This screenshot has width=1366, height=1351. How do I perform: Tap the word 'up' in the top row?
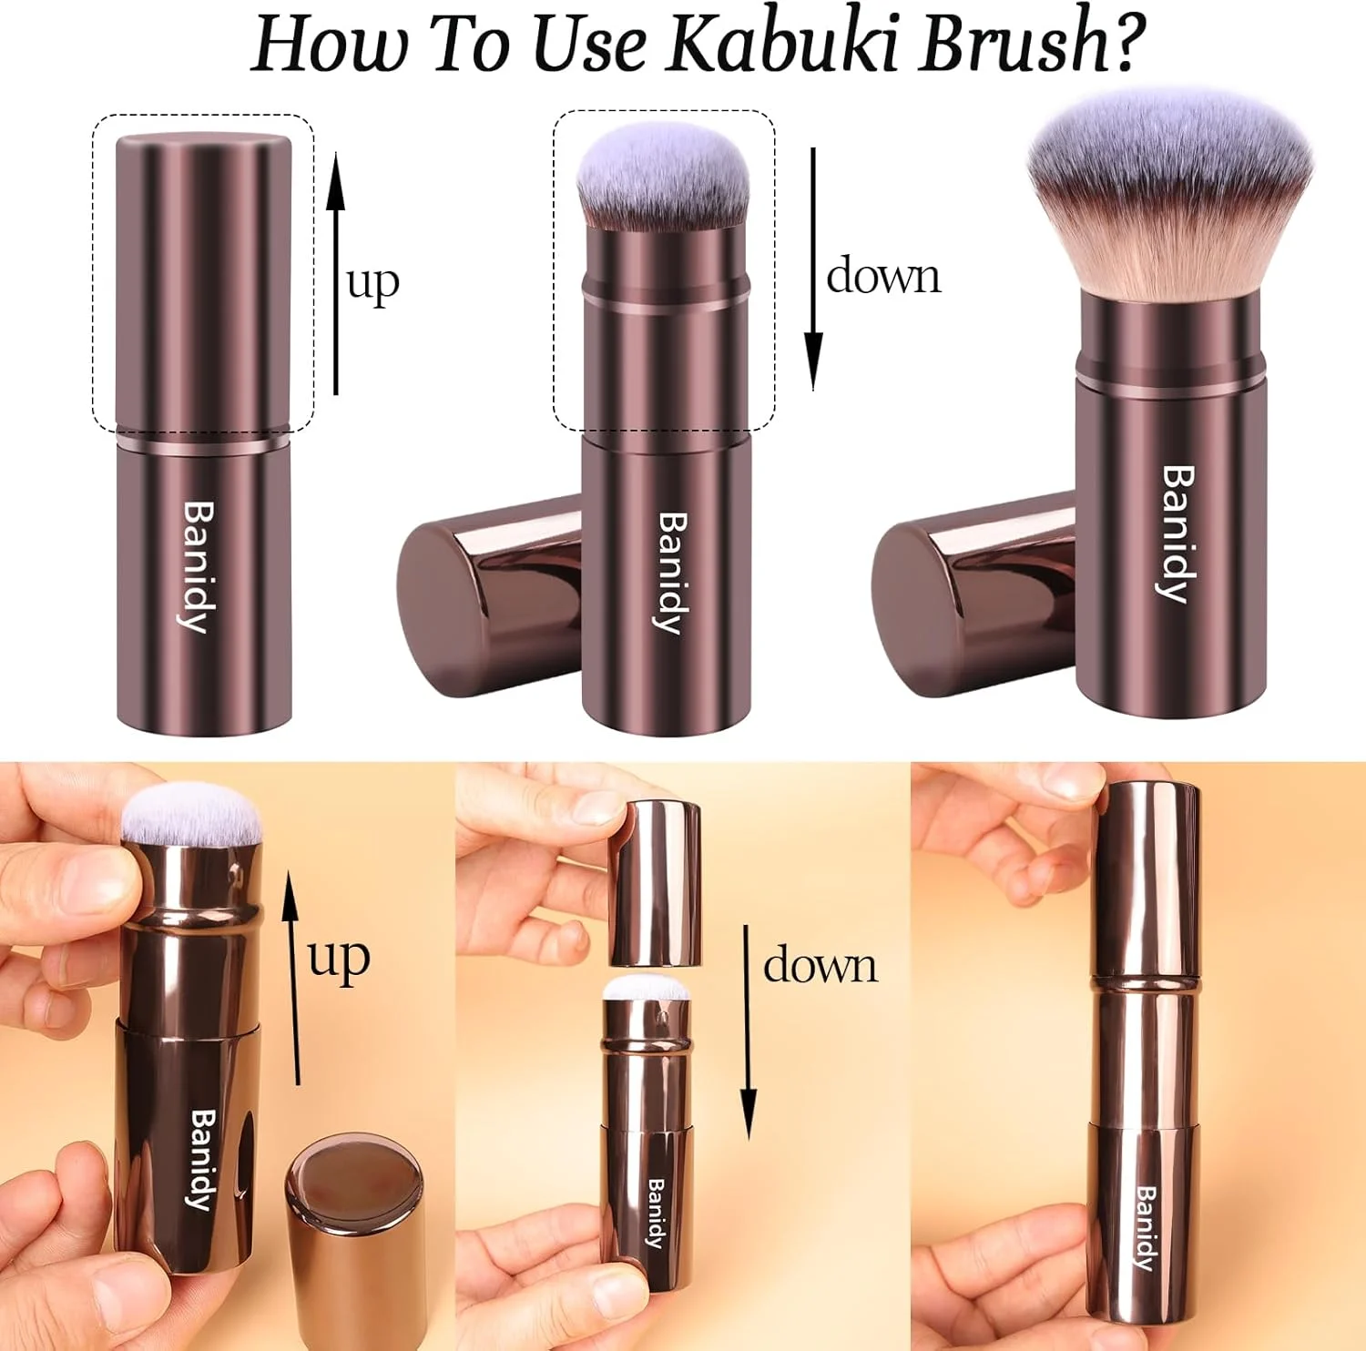372,284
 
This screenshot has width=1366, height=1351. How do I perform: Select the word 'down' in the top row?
883,275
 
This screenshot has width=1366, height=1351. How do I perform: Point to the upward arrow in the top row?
336,273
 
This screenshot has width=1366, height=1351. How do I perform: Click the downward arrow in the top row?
813,269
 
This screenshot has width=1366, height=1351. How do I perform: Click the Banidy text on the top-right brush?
1178,533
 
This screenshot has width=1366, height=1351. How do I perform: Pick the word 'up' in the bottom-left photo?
339,960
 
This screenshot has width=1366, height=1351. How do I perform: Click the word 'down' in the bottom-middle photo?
821,965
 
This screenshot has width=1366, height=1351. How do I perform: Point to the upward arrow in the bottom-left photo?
291,977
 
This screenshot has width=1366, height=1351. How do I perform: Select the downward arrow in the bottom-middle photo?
748,1032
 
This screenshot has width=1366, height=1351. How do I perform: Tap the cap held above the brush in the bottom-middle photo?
655,882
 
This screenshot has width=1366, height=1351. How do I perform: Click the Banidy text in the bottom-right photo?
1146,1228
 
